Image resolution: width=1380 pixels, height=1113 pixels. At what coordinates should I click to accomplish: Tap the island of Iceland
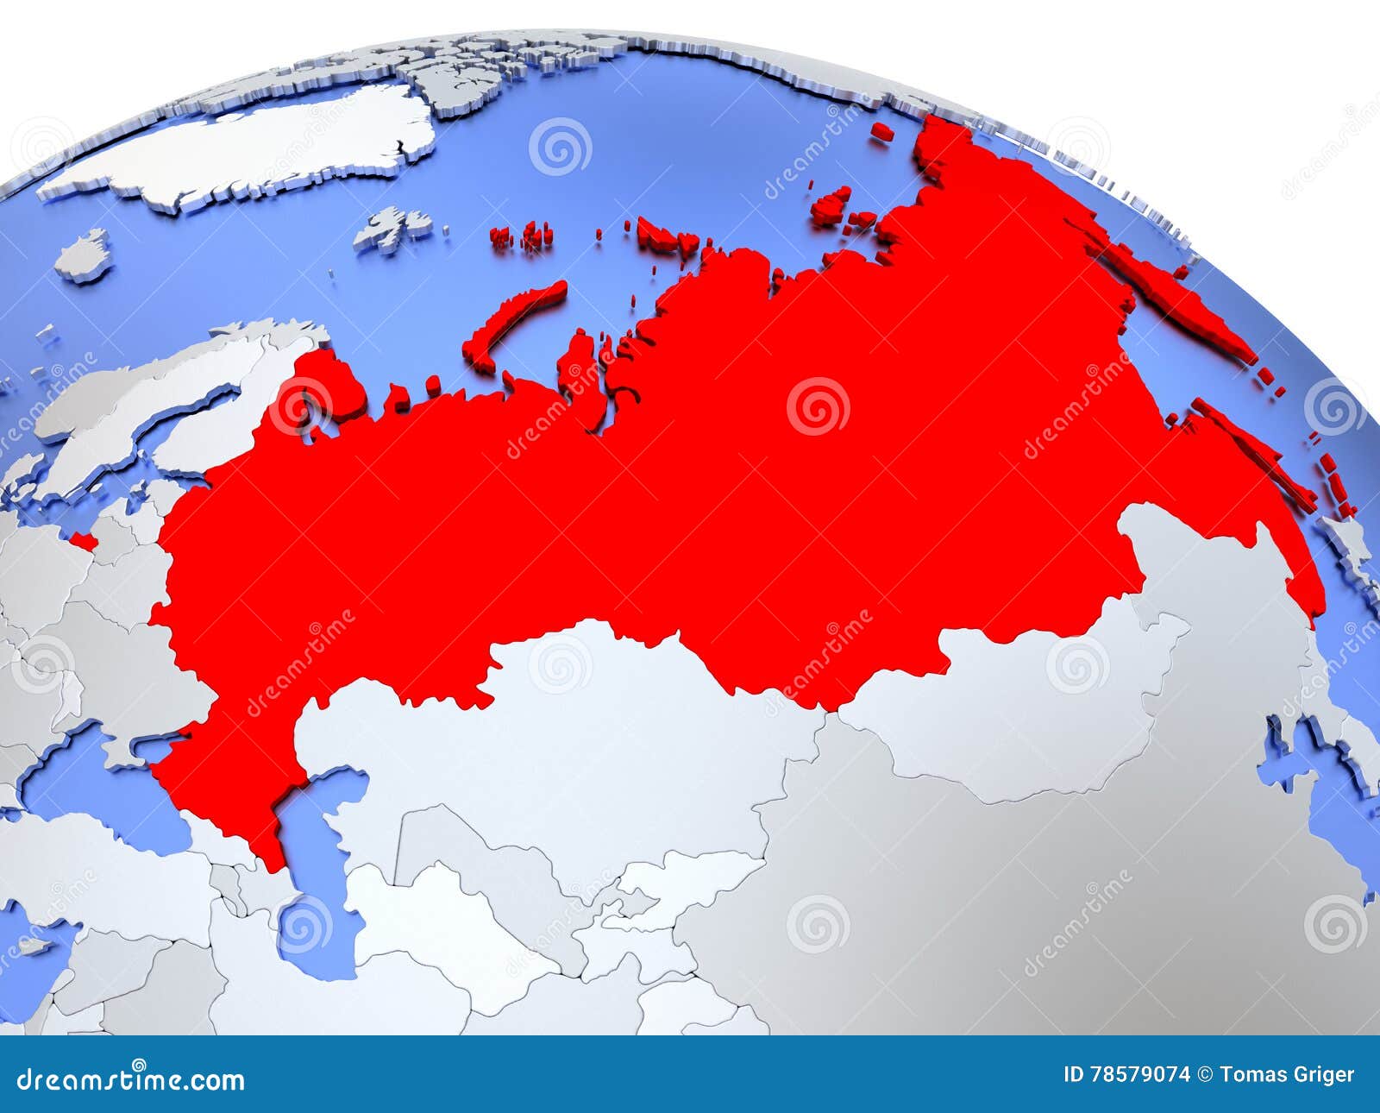(85, 256)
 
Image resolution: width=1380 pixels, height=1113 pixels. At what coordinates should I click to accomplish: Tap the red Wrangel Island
(881, 132)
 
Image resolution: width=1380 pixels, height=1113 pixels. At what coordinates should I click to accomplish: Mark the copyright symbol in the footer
(1206, 1074)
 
